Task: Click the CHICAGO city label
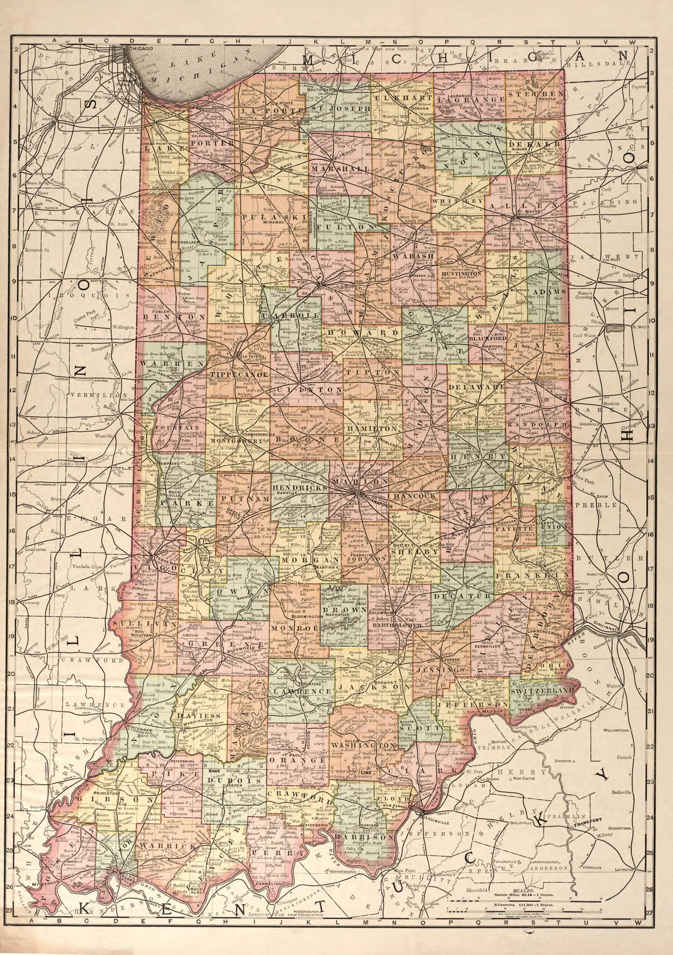click(x=141, y=48)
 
